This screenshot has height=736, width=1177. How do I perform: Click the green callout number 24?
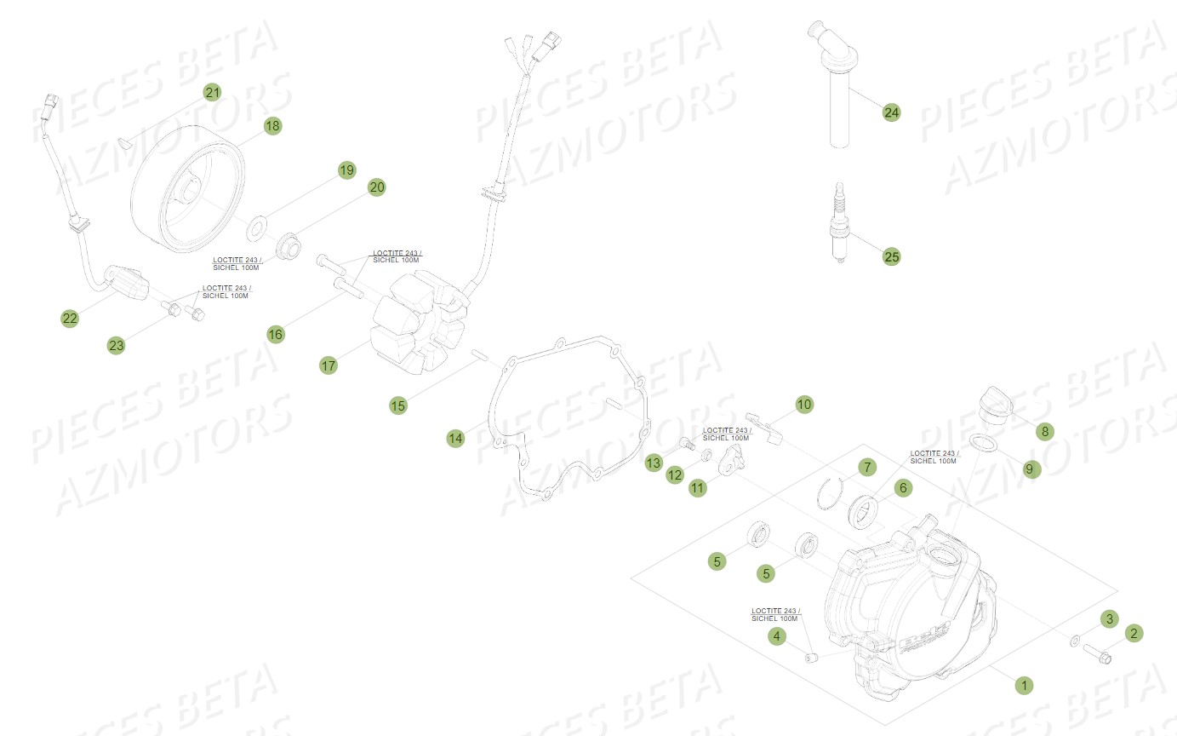click(x=891, y=112)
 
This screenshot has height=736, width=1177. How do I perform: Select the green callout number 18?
click(x=271, y=126)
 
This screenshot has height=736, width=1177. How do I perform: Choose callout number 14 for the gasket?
click(x=456, y=438)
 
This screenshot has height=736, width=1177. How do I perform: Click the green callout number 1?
click(x=1026, y=684)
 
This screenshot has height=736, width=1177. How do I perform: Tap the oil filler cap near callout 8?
click(x=994, y=404)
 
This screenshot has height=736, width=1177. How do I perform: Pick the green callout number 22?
click(x=70, y=319)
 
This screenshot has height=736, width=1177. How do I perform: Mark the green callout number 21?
click(x=212, y=92)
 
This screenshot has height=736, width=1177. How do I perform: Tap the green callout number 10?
click(x=804, y=404)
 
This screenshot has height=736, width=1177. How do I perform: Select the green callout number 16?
click(x=275, y=335)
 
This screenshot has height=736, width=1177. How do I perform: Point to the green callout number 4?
click(x=775, y=635)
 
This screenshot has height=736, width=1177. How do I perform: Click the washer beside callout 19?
click(x=254, y=229)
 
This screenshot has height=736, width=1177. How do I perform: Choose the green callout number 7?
click(x=866, y=466)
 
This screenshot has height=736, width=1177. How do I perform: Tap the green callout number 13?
click(x=653, y=463)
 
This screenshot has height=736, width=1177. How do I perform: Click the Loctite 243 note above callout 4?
click(x=774, y=614)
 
